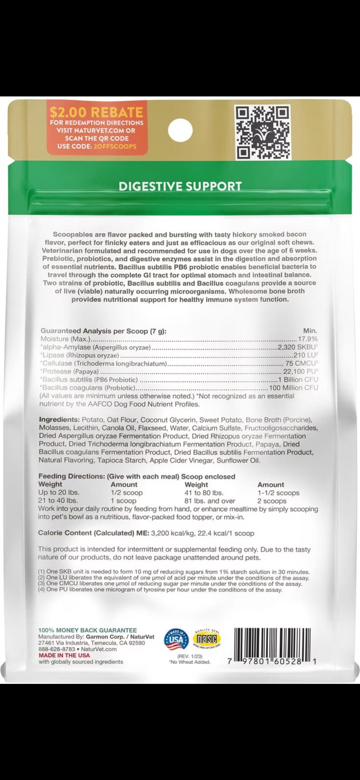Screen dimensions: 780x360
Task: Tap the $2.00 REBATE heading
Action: pos(96,112)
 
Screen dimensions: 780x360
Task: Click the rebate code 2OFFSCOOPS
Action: pos(114,146)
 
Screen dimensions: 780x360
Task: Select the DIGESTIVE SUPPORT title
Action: pos(180,186)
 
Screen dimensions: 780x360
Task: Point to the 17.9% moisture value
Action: pos(308,339)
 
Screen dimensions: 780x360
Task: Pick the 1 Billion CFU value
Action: pos(298,380)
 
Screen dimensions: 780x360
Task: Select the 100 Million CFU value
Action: pos(293,388)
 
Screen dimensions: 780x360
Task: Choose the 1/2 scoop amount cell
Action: pos(126,493)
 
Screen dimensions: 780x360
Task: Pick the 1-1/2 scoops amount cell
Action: pos(278,493)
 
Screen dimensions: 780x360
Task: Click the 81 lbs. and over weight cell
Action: pos(209,501)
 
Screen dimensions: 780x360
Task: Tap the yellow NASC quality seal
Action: pos(207,639)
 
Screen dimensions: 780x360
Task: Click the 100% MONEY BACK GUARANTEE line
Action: pos(87,630)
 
